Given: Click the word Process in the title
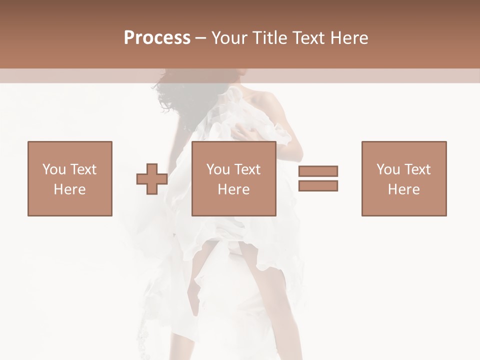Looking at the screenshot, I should coord(157,37).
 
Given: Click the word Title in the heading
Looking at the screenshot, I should coord(269,37).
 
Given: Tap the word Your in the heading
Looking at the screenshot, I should coord(230,37).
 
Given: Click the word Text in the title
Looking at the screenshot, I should coord(308,37).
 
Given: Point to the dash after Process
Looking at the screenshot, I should coord(201,38).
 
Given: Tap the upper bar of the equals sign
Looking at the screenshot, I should coord(318,171).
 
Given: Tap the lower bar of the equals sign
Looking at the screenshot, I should coord(318,185).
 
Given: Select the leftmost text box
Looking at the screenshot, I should coord(69,178).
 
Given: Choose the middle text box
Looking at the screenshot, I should coord(234,178).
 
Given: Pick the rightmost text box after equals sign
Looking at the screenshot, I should coord(403,178).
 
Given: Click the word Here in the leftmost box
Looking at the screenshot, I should coord(69,189).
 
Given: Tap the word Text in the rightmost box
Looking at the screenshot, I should coord(417,169).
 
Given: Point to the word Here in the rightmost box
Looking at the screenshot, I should coord(403,189).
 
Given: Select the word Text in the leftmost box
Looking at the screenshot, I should coord(83,169).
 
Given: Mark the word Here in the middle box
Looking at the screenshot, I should coord(234,189).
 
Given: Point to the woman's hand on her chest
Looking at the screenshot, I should coord(247,134).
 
